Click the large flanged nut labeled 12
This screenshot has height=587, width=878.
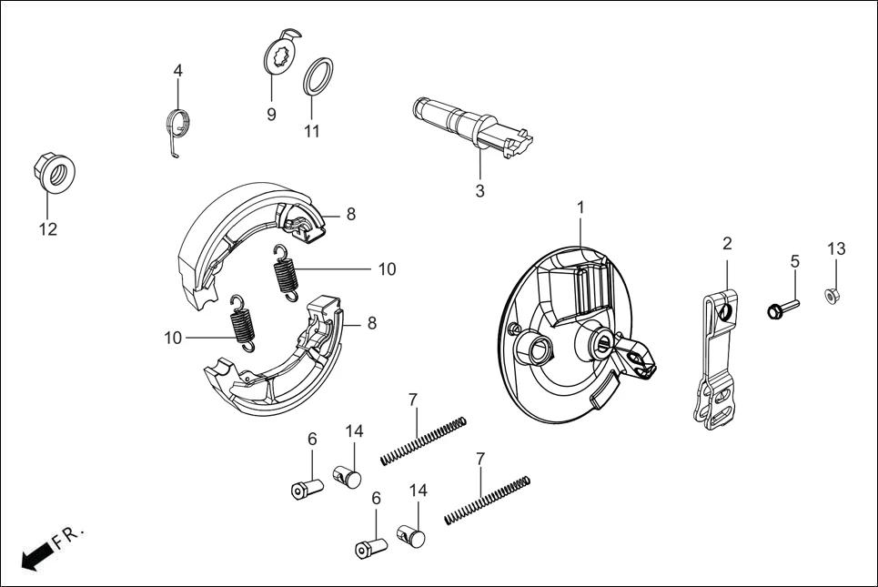(53, 170)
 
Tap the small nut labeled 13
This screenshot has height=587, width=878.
(832, 295)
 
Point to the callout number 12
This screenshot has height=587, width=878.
(47, 229)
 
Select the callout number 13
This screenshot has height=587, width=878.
(836, 249)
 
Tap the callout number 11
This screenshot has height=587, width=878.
(312, 130)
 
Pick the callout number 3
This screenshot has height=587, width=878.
(479, 191)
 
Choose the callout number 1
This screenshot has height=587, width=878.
(580, 207)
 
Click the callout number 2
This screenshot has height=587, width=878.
(727, 243)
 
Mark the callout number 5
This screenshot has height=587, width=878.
(794, 261)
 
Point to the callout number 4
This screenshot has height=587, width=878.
(178, 70)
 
